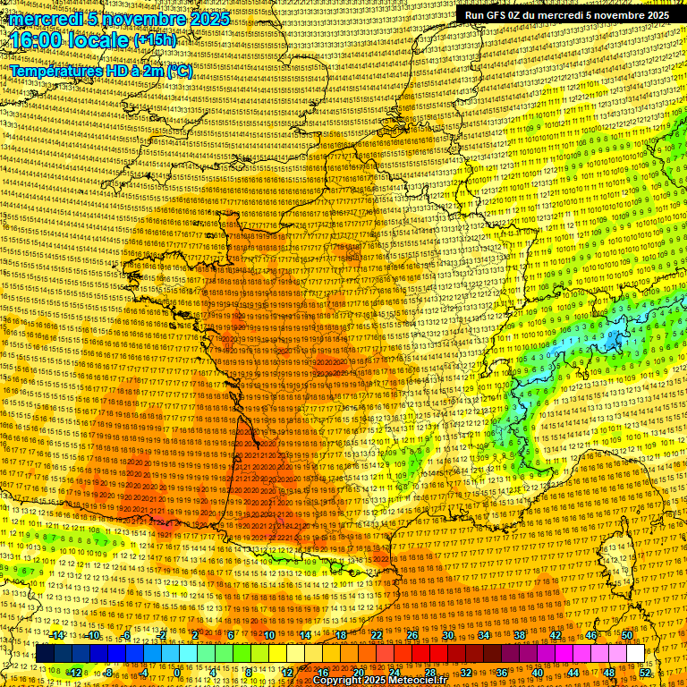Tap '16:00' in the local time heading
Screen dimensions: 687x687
coord(35,41)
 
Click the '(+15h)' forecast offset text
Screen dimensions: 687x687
coord(155,40)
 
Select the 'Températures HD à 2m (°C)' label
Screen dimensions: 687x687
coord(100,70)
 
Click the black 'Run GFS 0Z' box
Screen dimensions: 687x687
coord(563,15)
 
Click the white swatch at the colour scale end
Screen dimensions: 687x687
coord(635,653)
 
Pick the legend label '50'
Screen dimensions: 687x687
coord(626,635)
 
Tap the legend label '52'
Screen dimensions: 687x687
coord(644,672)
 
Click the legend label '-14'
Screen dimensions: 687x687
coord(57,635)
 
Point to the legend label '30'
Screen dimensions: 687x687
coord(448,635)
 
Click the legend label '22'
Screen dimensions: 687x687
coord(377,635)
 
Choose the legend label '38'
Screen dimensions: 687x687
coord(520,635)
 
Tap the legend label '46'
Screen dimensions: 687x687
coord(591,635)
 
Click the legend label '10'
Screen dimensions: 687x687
coord(269,635)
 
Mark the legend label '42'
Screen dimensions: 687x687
coord(556,635)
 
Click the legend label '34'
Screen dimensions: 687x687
coord(484,635)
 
